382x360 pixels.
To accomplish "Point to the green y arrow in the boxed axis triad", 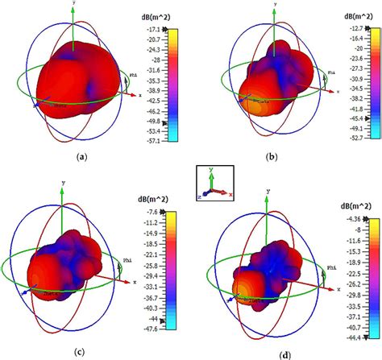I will click(x=210, y=176).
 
